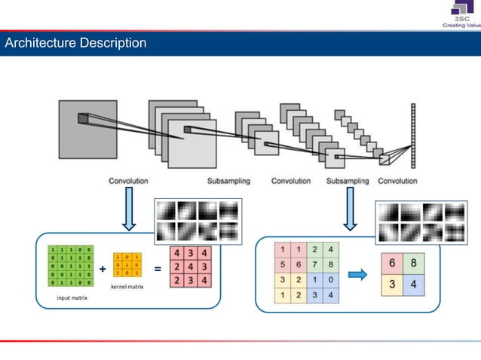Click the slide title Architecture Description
coord(75,43)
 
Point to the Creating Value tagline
coord(461,24)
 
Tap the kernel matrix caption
coord(127,287)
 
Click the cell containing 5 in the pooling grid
coord(281,264)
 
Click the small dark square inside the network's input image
coord(82,117)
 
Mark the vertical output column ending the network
coord(413,136)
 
